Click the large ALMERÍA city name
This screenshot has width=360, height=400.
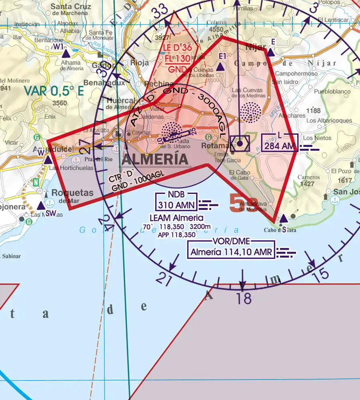coord(155,159)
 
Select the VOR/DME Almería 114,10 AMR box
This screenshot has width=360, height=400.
coord(231,249)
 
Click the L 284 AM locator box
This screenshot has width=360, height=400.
coord(279,143)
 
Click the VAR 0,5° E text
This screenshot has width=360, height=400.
coord(54,91)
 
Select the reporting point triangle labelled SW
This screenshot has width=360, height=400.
coord(41,206)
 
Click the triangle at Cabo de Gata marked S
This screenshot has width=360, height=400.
coord(283,218)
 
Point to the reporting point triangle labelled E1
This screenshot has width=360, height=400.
coord(220,68)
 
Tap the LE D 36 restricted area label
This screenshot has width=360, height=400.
coord(177,48)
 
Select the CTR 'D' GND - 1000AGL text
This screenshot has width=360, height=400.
coord(132,180)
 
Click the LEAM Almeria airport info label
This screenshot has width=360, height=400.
coord(176,218)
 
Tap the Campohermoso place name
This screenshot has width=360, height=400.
coord(296,74)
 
